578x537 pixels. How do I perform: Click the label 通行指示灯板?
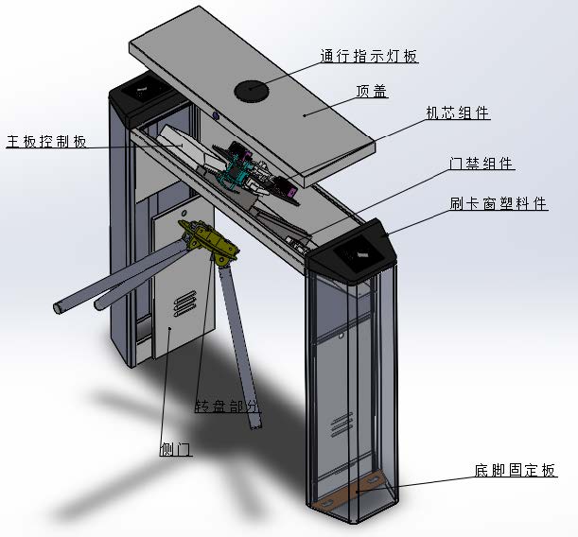pyautogui.click(x=369, y=57)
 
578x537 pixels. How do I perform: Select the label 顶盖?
pyautogui.click(x=372, y=92)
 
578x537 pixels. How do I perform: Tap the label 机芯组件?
pyautogui.click(x=458, y=113)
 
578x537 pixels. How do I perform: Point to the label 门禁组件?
pyautogui.click(x=482, y=163)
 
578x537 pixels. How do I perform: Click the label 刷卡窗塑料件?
pyautogui.click(x=498, y=203)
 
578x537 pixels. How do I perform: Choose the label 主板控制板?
pyautogui.click(x=46, y=142)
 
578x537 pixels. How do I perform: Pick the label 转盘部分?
pyautogui.click(x=227, y=406)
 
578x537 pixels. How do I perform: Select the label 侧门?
pyautogui.click(x=175, y=449)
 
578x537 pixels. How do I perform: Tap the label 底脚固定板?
pyautogui.click(x=515, y=470)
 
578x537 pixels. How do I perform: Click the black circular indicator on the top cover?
pyautogui.click(x=252, y=90)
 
